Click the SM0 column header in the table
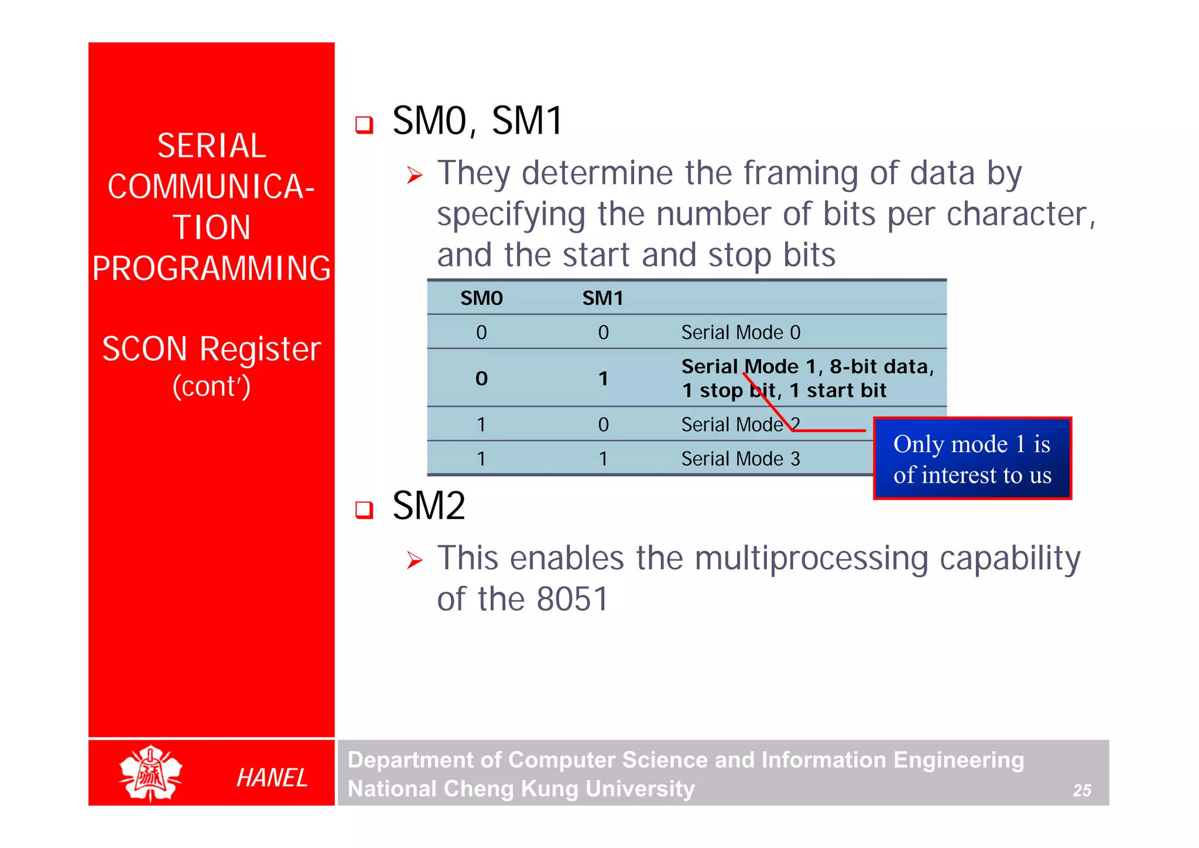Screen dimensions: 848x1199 pos(481,298)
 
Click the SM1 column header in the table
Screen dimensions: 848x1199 pos(602,298)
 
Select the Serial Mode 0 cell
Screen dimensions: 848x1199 pos(740,332)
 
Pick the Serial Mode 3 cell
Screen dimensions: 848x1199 pos(740,459)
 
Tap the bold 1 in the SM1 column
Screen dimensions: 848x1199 pos(603,379)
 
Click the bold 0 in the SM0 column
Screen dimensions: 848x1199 pos(481,379)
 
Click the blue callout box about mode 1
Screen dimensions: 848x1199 pos(972,459)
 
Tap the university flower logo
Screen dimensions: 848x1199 pos(150,773)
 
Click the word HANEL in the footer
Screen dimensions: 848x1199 pos(272,778)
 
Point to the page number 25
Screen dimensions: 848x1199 pos(1081,790)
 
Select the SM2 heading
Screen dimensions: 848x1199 pos(429,505)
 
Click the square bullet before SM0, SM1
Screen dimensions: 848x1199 pos(364,124)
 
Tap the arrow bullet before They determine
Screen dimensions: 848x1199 pos(414,175)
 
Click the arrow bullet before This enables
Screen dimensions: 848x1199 pos(414,560)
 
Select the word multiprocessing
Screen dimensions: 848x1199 pos(811,558)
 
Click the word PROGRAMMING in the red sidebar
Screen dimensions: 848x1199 pos(211,268)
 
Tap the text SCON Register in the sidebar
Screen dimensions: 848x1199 pos(211,349)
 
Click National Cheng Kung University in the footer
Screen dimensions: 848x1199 pos(520,789)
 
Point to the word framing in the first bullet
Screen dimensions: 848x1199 pos(801,173)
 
